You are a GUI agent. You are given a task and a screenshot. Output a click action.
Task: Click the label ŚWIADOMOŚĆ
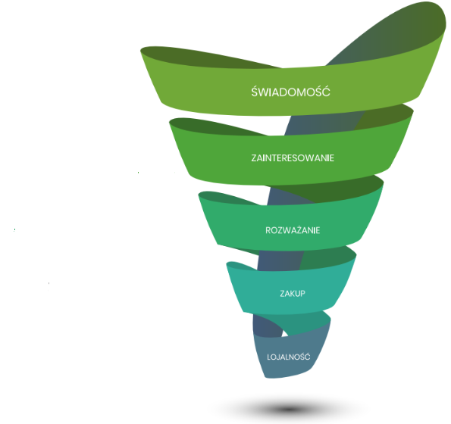click(x=290, y=92)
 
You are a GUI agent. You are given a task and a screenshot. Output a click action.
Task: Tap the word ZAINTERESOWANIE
click(x=293, y=158)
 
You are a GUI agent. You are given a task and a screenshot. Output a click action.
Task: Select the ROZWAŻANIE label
click(x=293, y=230)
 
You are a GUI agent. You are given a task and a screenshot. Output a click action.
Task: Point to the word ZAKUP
click(x=293, y=293)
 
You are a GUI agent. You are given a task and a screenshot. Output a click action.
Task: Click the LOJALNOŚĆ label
click(x=289, y=357)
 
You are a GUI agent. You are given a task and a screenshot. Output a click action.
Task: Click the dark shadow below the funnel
click(x=289, y=408)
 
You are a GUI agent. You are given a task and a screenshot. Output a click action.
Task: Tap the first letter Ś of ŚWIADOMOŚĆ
click(x=254, y=92)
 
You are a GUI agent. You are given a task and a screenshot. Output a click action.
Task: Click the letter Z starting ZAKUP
click(x=282, y=293)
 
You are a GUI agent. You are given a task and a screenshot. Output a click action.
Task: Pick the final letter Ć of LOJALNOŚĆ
click(x=308, y=356)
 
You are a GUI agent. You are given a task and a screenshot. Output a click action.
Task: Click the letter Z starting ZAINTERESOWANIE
click(x=254, y=158)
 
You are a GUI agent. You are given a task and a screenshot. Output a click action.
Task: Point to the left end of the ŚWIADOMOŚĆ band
click(x=143, y=51)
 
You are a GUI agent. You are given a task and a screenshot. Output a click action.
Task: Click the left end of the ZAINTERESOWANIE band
click(x=171, y=122)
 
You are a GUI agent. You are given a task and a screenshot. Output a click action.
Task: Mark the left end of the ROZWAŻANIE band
click(x=200, y=195)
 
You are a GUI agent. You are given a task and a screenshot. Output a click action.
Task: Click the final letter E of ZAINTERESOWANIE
click(x=332, y=158)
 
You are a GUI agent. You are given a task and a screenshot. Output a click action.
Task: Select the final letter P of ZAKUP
click(x=303, y=293)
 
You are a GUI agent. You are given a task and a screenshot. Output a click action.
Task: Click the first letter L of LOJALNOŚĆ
click(x=268, y=357)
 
